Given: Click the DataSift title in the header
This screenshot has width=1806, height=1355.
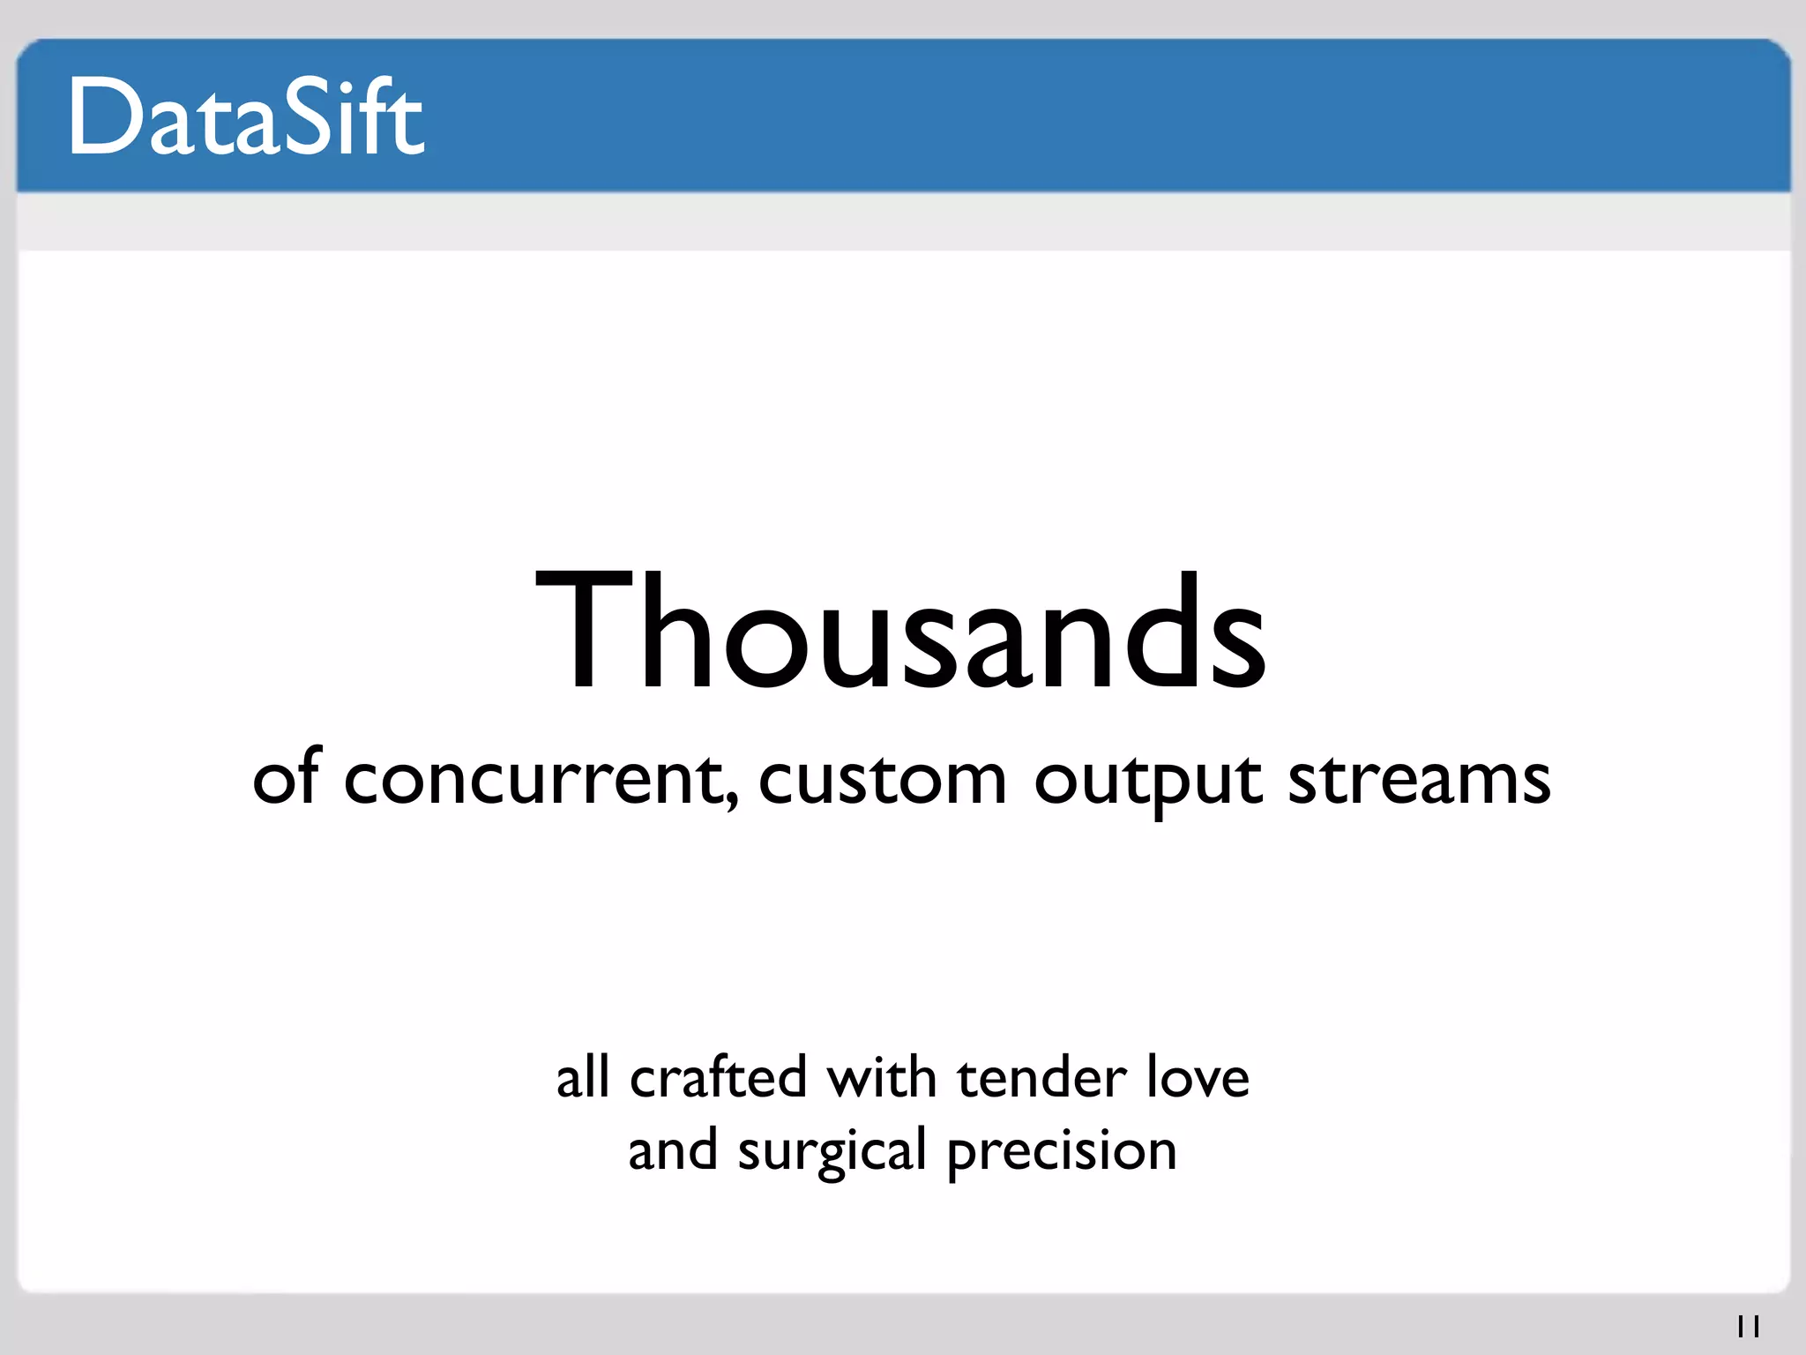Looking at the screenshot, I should pos(246,117).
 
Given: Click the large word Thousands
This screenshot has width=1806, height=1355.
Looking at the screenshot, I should pos(901,631).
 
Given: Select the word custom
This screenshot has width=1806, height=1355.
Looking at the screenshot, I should pos(882,780).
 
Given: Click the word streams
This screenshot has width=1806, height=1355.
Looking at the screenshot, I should pos(1419,780).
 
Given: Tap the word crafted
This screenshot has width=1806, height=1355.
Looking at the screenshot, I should pos(718,1077).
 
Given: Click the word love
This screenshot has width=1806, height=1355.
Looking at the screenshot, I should pos(1198,1077).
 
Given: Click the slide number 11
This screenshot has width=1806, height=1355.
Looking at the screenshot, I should pos(1748,1326).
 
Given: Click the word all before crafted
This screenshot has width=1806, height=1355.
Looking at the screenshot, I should pos(582,1077).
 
